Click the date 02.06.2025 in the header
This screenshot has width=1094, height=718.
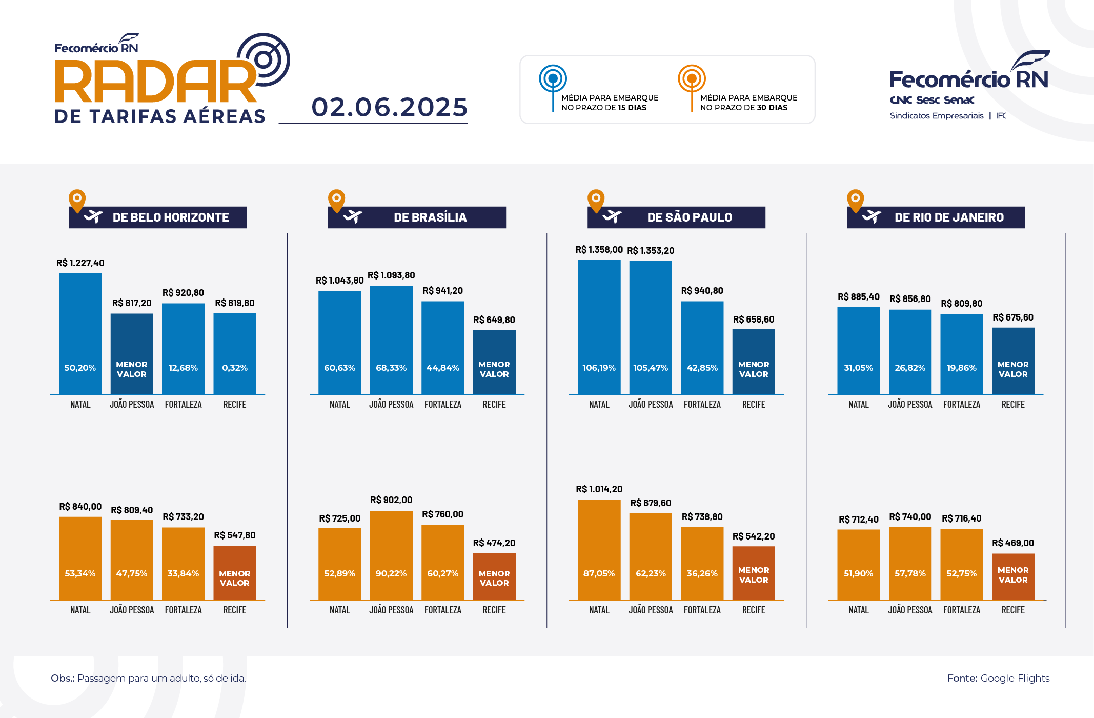coord(390,107)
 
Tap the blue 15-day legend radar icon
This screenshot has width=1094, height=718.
coord(553,78)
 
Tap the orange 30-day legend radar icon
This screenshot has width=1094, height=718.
coord(692,78)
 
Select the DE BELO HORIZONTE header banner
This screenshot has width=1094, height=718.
coord(158,217)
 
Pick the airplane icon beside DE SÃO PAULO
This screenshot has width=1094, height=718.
coord(612,216)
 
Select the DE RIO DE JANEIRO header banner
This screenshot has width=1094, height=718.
coord(936,217)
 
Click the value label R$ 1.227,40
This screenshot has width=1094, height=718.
coord(80,263)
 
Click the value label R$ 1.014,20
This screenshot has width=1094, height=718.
coord(599,489)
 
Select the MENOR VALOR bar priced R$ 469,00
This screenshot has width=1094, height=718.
coord(1013,576)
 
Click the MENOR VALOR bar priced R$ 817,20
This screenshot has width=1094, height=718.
coord(132,354)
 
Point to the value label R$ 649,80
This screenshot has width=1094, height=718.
coord(494,320)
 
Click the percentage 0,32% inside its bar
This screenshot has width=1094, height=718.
coord(235,368)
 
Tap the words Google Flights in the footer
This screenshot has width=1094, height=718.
coord(1015,678)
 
